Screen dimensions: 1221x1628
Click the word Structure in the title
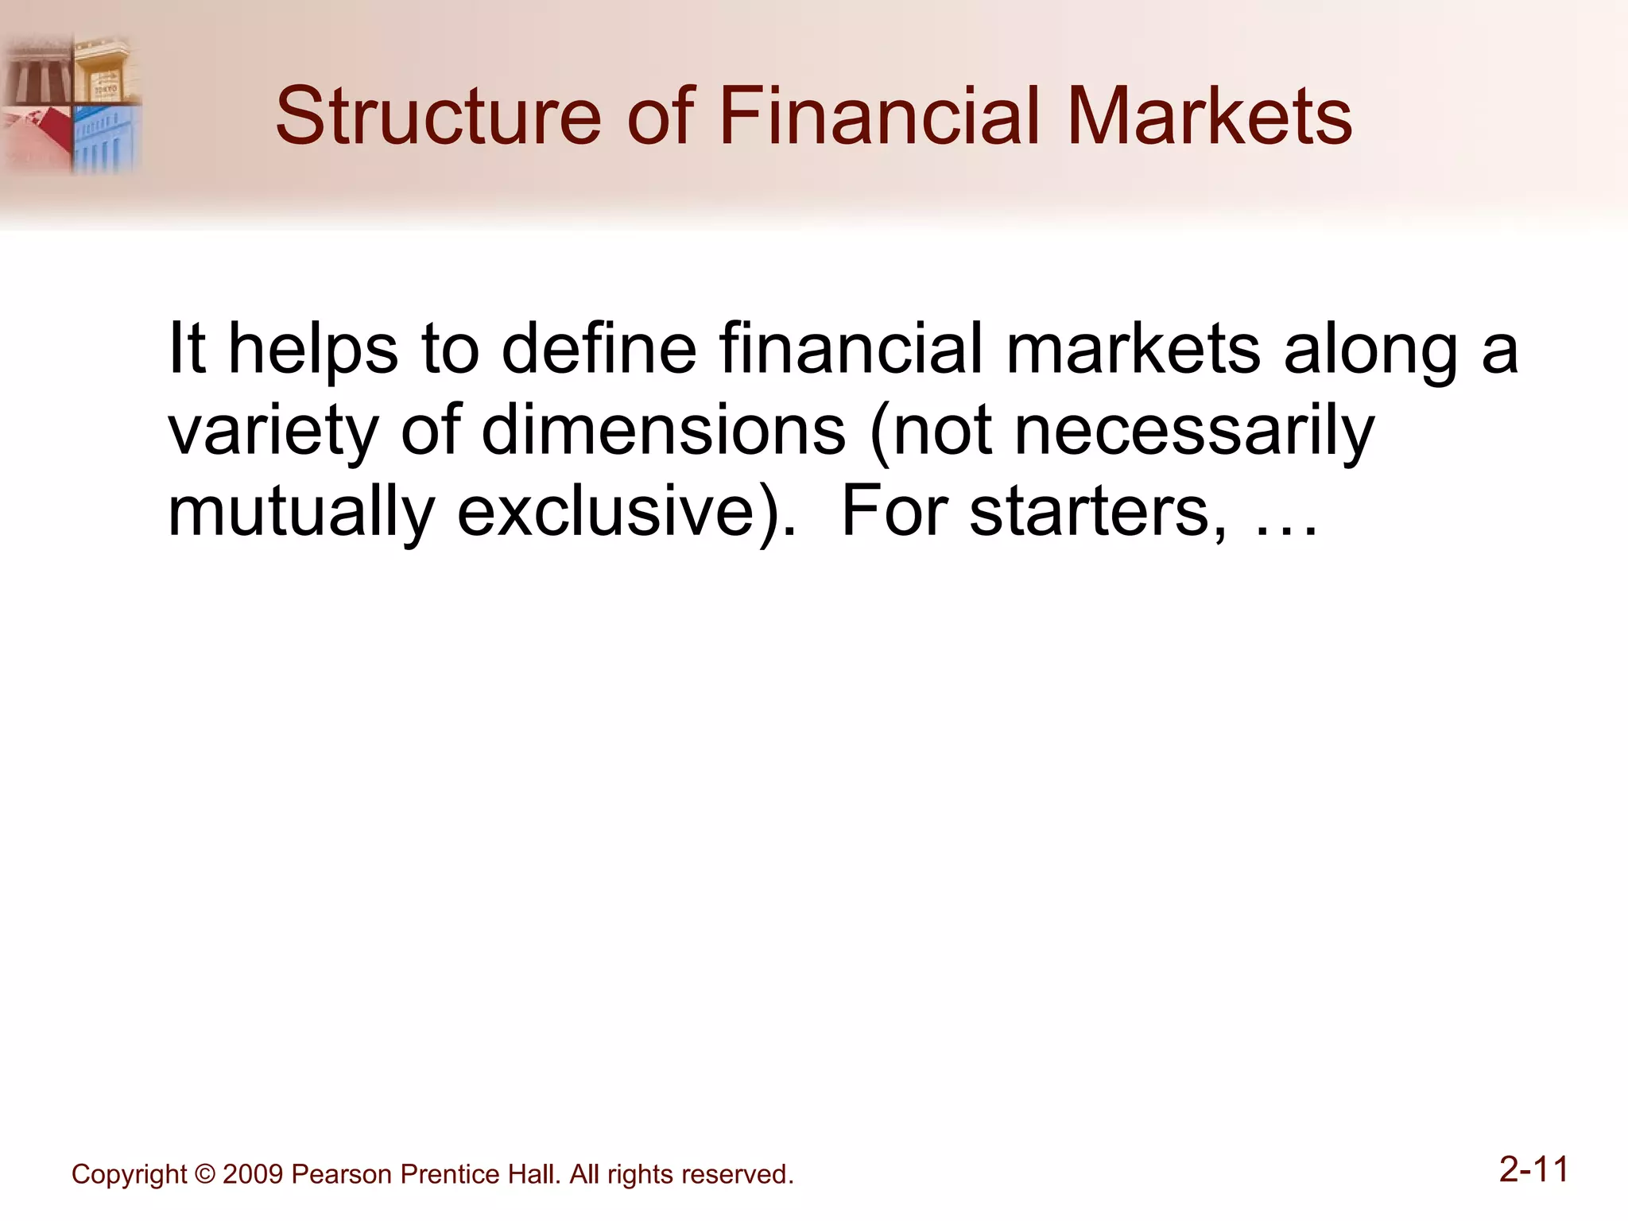[438, 117]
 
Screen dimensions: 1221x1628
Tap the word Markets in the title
[1209, 117]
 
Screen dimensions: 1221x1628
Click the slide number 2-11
[1533, 1169]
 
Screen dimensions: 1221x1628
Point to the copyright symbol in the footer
[204, 1175]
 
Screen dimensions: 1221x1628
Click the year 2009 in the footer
[253, 1175]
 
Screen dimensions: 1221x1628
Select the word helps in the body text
[313, 350]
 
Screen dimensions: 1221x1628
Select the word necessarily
[1195, 432]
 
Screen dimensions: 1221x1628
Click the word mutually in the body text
[300, 513]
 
